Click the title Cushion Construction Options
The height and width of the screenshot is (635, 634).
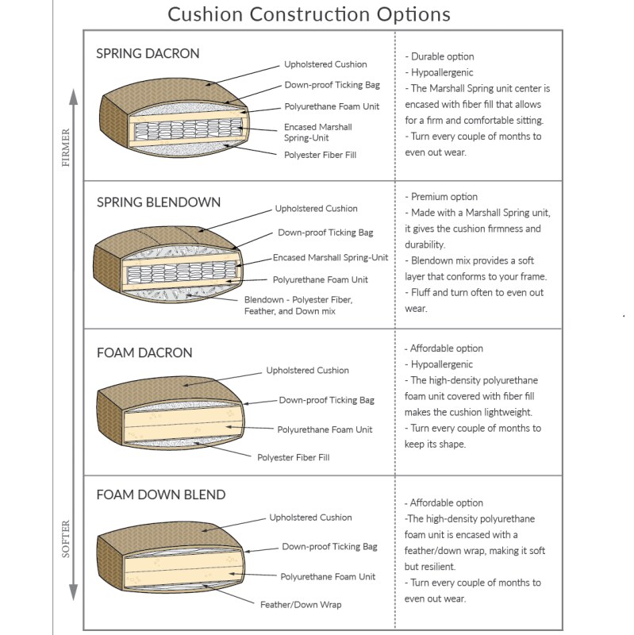[x=309, y=14]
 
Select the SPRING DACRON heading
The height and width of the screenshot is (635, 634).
[x=148, y=54]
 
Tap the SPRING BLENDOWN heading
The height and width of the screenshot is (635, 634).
[x=158, y=202]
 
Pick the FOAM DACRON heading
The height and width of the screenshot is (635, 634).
[x=144, y=352]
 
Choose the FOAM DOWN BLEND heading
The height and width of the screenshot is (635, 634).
[x=160, y=495]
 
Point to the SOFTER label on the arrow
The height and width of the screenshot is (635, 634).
[x=65, y=538]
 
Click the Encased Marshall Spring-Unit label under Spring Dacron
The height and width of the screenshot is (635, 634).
[x=317, y=132]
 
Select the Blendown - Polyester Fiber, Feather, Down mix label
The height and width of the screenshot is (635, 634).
[x=298, y=306]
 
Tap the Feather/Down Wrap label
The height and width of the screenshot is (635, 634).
[x=301, y=605]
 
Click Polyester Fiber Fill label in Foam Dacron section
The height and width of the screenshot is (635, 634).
[x=293, y=457]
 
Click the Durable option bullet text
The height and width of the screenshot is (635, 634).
[x=442, y=57]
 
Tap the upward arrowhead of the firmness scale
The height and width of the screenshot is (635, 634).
[x=73, y=98]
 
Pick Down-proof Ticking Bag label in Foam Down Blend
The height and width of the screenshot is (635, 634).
[x=329, y=547]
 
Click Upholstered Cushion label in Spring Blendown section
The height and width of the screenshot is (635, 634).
[x=316, y=209]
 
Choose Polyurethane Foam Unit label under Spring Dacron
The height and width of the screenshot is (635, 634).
[x=332, y=106]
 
